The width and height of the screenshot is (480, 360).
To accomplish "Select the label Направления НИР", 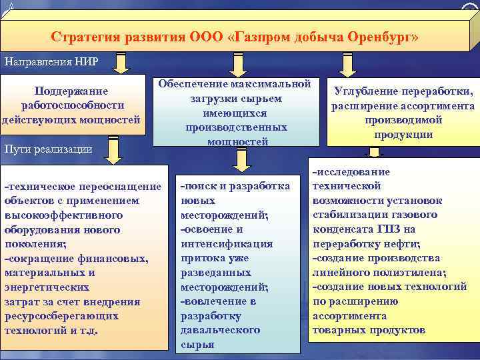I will tap(51, 62).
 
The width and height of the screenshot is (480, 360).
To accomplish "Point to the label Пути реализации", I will tap(48, 149).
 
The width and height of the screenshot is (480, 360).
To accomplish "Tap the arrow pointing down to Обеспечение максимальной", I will tap(232, 65).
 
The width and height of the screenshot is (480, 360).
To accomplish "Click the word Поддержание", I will tap(72, 91).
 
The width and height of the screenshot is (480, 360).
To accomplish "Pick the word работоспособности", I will tap(72, 105).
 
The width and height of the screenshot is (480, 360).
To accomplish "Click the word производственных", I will tap(236, 127).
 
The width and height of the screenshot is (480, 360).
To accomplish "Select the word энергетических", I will tap(47, 287).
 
